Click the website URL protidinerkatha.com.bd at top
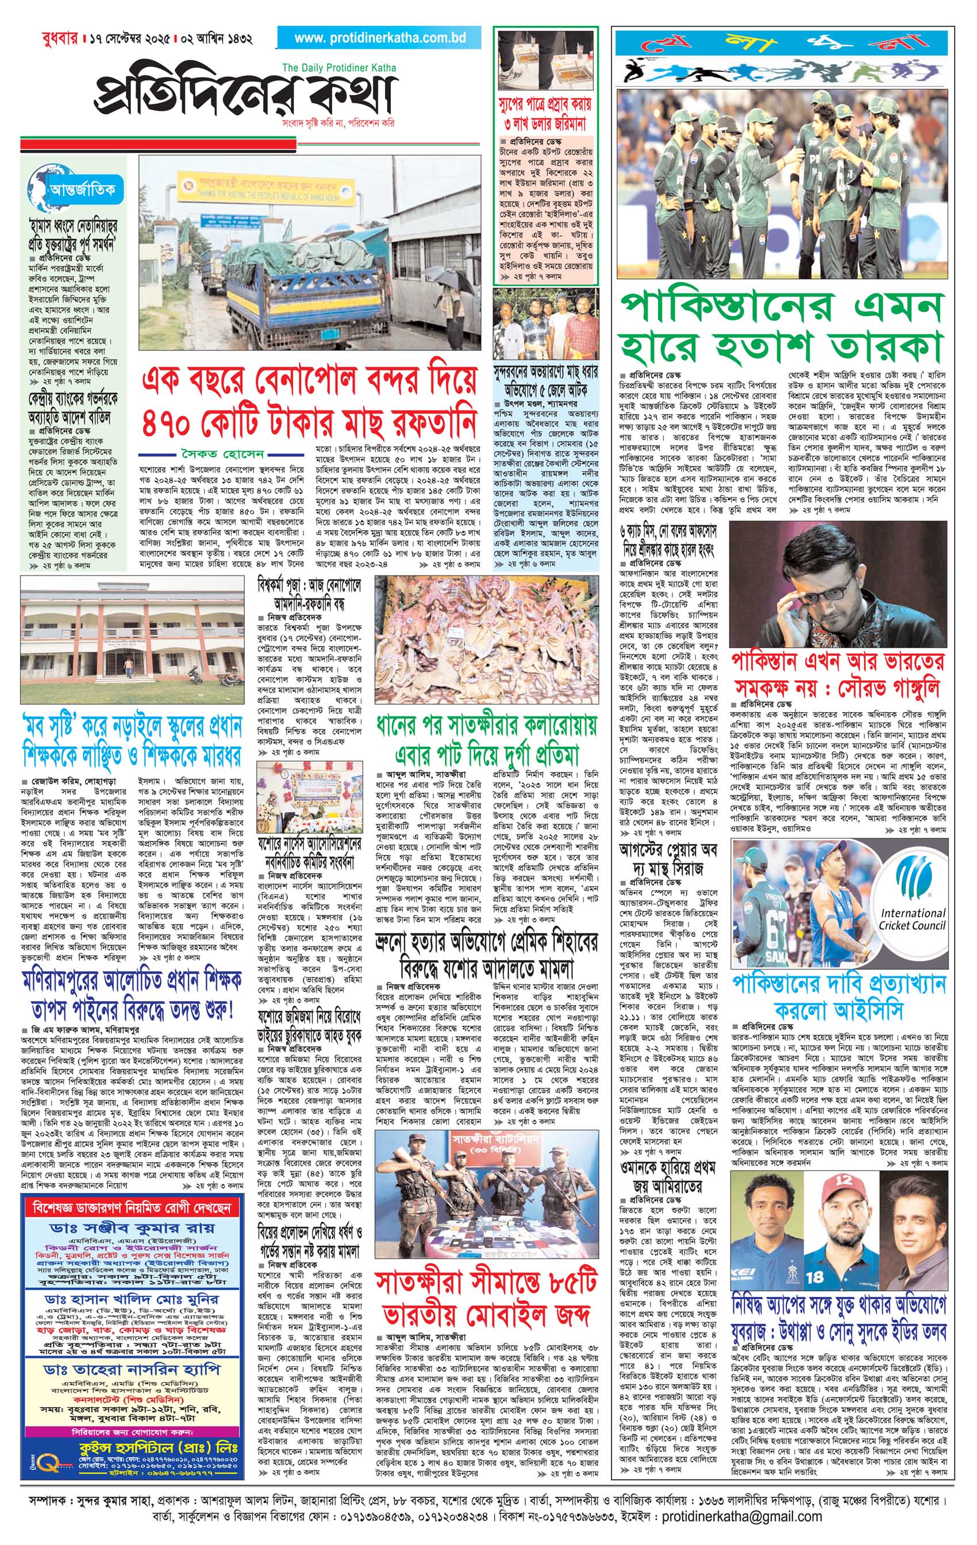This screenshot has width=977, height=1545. point(379,38)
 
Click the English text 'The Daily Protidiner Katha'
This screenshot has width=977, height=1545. point(339,67)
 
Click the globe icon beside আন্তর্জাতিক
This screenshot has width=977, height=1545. point(40,191)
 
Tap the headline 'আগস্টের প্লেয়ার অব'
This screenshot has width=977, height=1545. point(668,851)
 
